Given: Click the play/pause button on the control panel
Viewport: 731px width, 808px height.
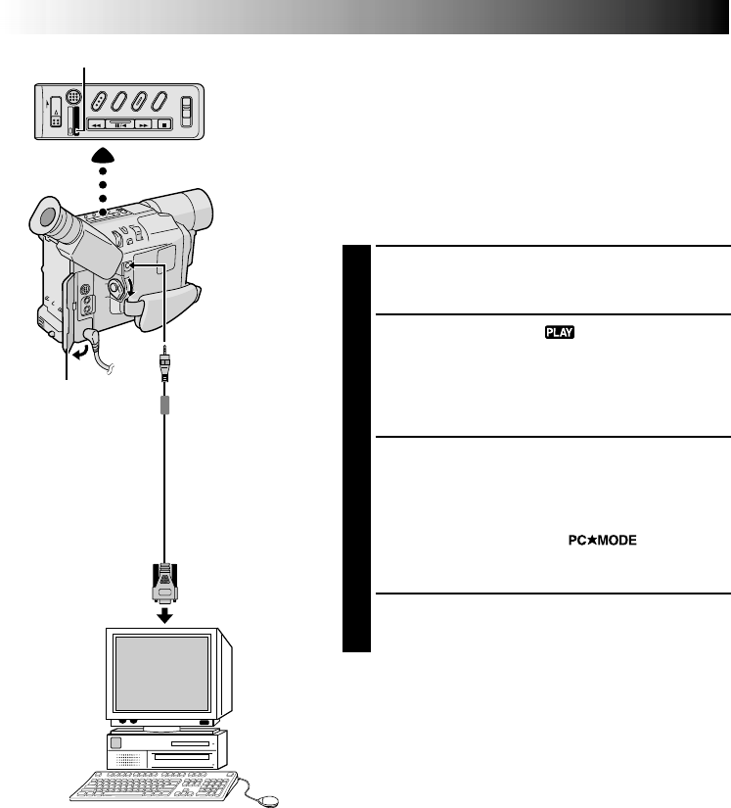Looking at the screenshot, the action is (x=119, y=125).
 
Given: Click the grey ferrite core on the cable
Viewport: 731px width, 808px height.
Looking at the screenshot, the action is (x=165, y=404).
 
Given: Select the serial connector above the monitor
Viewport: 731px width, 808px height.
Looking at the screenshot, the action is (x=165, y=585).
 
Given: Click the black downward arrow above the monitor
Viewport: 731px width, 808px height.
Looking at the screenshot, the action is (x=165, y=614).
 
